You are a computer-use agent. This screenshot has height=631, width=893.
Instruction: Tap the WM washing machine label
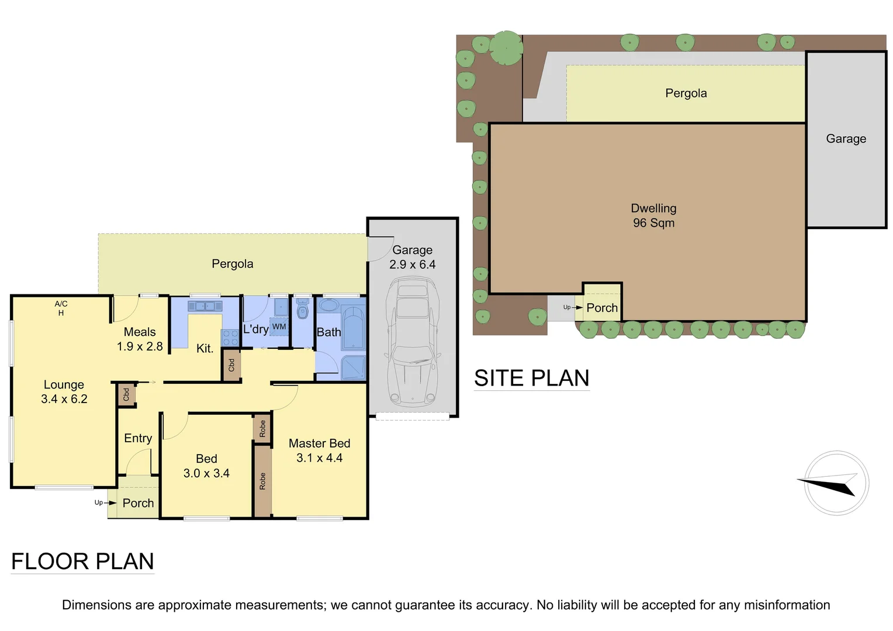[279, 327]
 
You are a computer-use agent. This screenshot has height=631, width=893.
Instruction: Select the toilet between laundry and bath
[302, 309]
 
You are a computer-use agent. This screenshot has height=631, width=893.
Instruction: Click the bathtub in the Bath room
[353, 327]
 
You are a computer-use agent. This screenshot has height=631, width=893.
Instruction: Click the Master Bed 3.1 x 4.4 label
[319, 450]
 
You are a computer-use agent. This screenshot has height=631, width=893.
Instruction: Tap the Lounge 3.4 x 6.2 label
[64, 391]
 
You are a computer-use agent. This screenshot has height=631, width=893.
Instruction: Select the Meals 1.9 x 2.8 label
[140, 339]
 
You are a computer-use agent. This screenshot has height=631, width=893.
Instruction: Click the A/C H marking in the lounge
[61, 308]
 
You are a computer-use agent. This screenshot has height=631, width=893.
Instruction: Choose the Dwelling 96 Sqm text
[653, 216]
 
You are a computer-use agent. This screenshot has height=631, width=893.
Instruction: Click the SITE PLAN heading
[531, 378]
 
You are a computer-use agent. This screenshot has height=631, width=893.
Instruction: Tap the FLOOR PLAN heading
[82, 561]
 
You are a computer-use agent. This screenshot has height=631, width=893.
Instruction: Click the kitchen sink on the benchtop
[205, 306]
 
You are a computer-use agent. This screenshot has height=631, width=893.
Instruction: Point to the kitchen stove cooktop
[230, 337]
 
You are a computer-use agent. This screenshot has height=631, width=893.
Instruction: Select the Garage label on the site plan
[846, 138]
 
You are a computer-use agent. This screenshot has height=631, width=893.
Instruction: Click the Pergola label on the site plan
[686, 93]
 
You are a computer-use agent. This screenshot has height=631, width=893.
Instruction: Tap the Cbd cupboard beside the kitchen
[231, 365]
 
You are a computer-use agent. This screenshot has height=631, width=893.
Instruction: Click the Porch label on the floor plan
[138, 503]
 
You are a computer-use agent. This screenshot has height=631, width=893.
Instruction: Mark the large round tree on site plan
[506, 47]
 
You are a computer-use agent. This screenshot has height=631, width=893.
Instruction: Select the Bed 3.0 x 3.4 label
[206, 466]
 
